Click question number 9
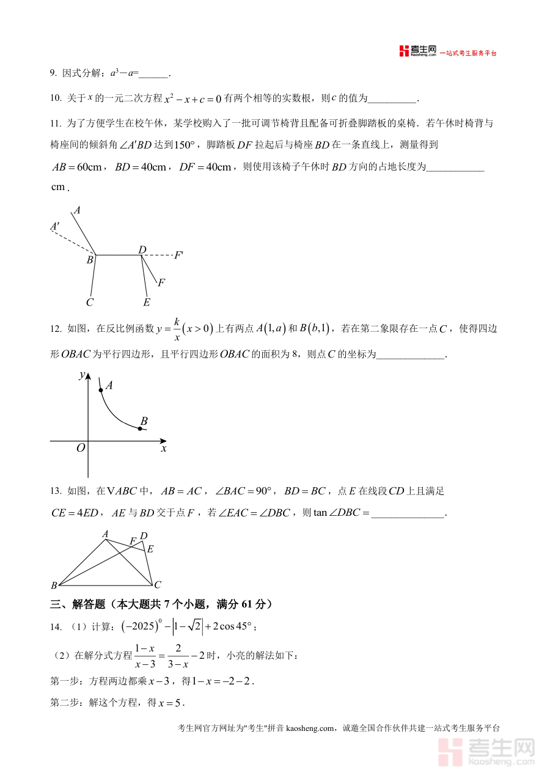coord(53,73)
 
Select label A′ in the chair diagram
coord(55,227)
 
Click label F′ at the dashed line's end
coord(178,255)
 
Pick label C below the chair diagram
coord(89,302)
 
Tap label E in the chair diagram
coord(146,302)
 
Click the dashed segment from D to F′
coord(158,255)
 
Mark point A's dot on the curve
coord(101,389)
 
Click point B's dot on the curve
coord(140,429)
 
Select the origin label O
coord(80,448)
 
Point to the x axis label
coord(164,449)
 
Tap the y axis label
coord(81,375)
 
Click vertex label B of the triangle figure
coord(54,585)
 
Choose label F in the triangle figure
coord(133,541)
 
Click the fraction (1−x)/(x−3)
coord(144,655)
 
